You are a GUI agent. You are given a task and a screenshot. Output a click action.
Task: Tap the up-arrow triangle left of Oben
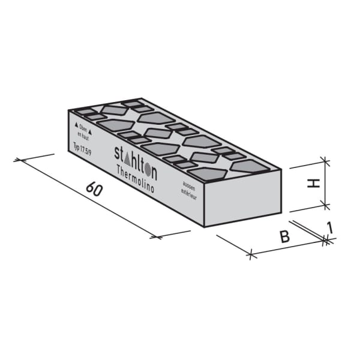[x=76, y=126]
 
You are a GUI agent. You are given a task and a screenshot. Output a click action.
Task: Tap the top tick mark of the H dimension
[x=325, y=161]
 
